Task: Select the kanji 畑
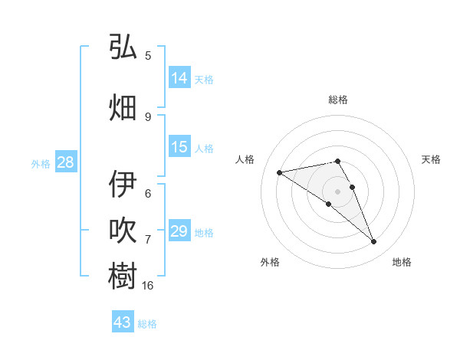[123, 107]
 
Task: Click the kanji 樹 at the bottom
[123, 277]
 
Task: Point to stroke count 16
[148, 286]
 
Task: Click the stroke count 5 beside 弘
[148, 55]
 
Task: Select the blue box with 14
[179, 78]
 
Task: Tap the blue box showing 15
[179, 147]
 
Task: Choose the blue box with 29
[179, 231]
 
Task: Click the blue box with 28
[65, 162]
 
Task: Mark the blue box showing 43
[122, 322]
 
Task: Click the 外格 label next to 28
[41, 163]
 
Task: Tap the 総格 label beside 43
[147, 324]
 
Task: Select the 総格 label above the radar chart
[337, 100]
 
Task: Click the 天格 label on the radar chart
[432, 159]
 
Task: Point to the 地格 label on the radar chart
[402, 262]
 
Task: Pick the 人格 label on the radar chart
[245, 159]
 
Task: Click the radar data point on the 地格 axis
[374, 242]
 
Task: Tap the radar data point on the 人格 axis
[279, 172]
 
